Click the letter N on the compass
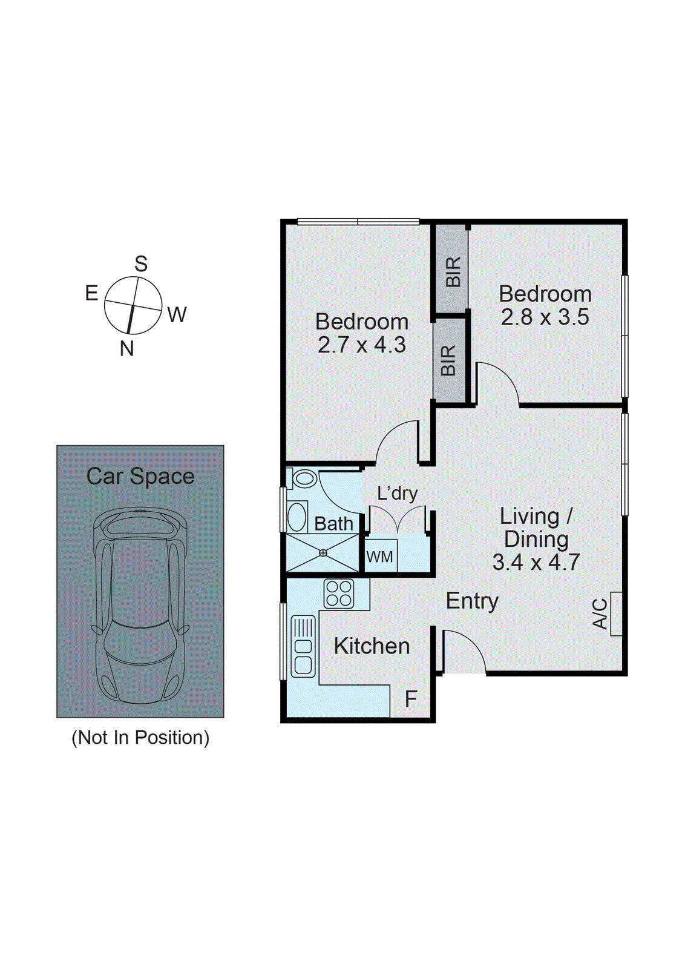click(126, 349)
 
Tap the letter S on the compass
click(141, 264)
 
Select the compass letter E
click(91, 294)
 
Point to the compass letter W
click(177, 315)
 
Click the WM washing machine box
click(380, 556)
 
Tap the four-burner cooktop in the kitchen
click(339, 594)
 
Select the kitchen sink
click(303, 646)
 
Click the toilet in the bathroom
click(303, 478)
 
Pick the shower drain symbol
click(323, 552)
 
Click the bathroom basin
click(297, 517)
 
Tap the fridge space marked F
click(411, 699)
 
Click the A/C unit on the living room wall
click(616, 613)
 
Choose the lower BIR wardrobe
click(449, 360)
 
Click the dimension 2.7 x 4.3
click(362, 345)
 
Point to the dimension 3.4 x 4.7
click(536, 563)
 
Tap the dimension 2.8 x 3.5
click(545, 317)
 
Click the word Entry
click(472, 601)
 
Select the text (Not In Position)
click(140, 738)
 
